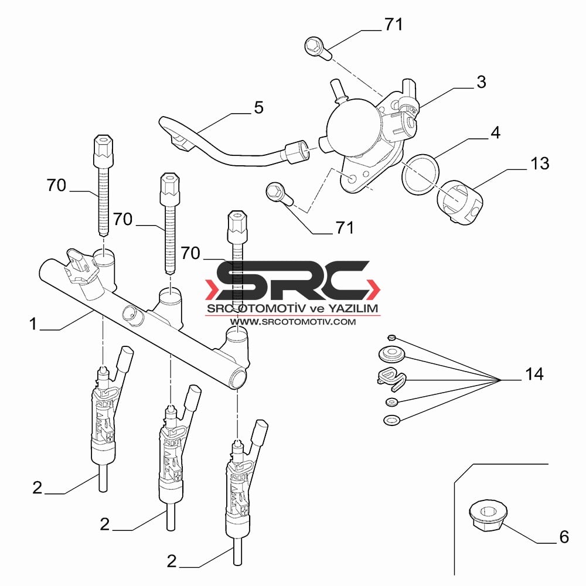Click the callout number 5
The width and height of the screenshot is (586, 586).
click(258, 108)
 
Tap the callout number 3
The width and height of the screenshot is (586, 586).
click(481, 82)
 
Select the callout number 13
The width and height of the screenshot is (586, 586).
click(540, 163)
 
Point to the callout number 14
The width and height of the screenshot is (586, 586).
click(534, 374)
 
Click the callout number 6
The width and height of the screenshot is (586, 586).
click(564, 537)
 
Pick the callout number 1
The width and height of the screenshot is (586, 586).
click(33, 323)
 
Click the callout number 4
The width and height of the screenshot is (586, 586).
click(495, 132)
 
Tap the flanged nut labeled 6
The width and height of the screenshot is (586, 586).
click(488, 516)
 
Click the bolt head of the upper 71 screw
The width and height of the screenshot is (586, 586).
click(313, 46)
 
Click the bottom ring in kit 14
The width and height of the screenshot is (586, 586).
click(392, 420)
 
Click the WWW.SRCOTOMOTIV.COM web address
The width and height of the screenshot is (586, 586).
click(292, 321)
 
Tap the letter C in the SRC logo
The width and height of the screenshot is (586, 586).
click(336, 280)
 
